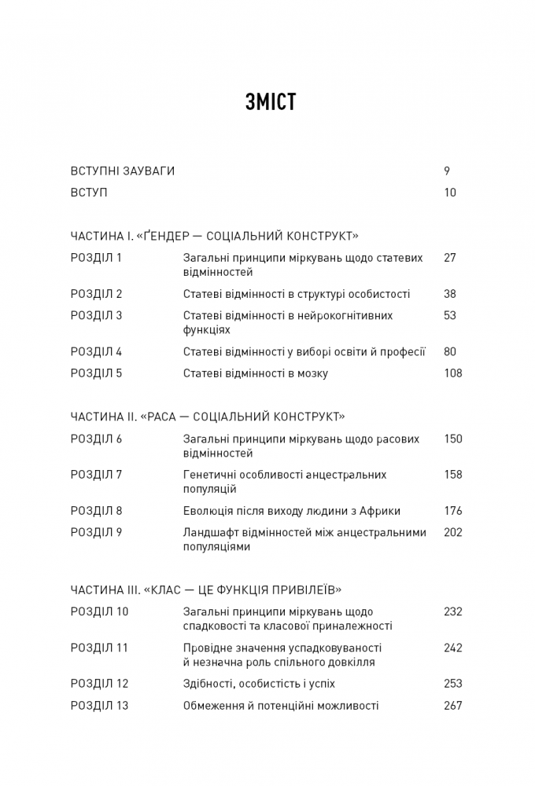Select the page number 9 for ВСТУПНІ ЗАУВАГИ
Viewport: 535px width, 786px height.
[447, 171]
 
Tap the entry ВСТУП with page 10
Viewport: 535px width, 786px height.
[88, 193]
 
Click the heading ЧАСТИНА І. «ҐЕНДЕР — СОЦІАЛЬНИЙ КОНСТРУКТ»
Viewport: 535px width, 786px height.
[214, 235]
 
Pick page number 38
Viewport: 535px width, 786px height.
[450, 294]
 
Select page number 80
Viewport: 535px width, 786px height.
[450, 352]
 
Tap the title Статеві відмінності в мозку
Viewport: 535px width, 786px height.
[256, 373]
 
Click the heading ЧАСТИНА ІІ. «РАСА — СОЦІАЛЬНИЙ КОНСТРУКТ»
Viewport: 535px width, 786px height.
[208, 417]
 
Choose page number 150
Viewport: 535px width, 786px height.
[453, 439]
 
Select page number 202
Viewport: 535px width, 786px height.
[453, 532]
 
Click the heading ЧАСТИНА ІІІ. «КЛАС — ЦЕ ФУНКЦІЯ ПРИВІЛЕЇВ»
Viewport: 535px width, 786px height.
[205, 589]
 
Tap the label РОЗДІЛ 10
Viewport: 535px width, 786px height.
[99, 612]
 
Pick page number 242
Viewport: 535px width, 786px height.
[453, 648]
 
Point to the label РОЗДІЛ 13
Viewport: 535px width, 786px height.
[99, 706]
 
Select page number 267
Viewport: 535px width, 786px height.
[453, 706]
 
